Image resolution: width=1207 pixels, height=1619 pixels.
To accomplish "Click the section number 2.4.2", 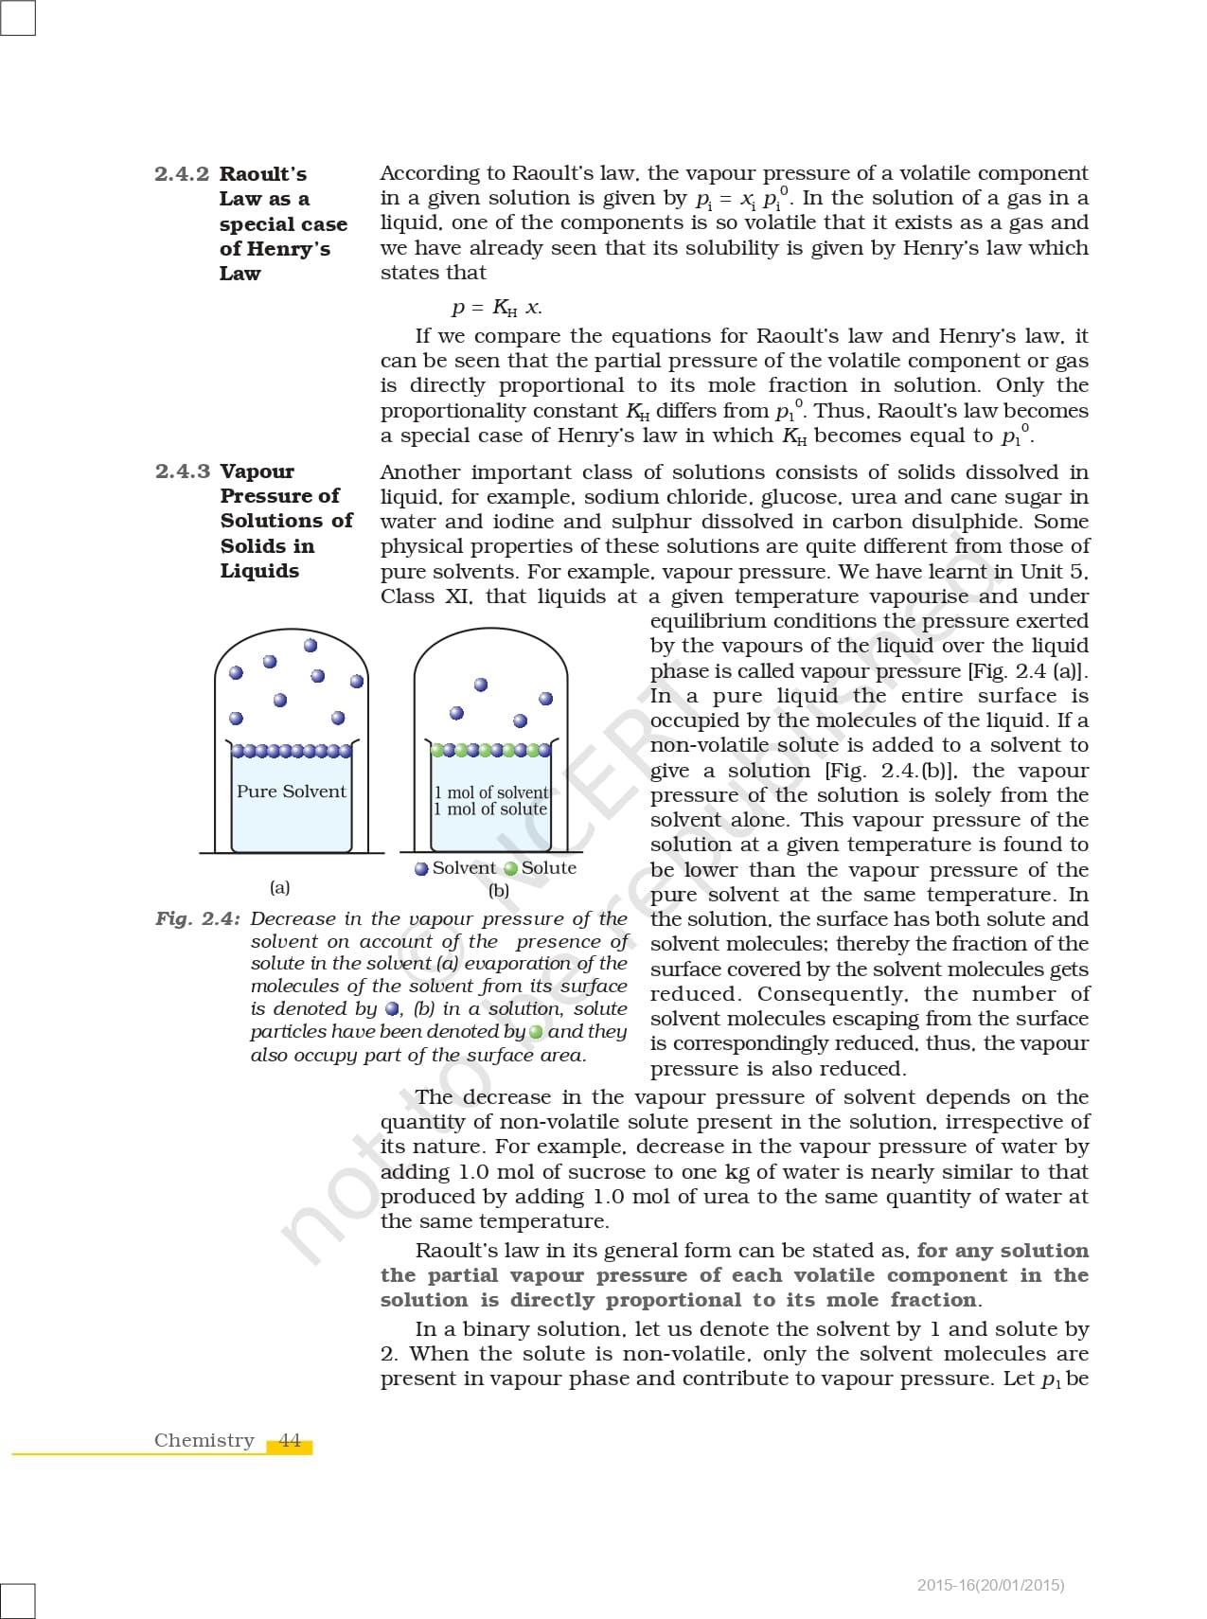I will pos(181,174).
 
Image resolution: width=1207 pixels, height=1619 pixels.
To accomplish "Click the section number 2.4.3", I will pos(182,471).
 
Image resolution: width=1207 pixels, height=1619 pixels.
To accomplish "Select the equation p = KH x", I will pos(496,308).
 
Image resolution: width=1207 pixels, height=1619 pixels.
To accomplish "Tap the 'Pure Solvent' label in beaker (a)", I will pos(291,792).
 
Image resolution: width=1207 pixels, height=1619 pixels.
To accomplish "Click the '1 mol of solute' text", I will pos(490,809).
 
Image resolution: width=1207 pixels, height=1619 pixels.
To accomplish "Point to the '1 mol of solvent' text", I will pos(491,792).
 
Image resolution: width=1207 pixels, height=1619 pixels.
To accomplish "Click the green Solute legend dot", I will pos(511,869).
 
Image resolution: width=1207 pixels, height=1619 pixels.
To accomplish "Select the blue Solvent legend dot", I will pos(421,869).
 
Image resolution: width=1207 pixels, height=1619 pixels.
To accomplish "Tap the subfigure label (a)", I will pos(279,888).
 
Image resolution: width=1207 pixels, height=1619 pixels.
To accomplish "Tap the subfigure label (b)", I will pos(499,891).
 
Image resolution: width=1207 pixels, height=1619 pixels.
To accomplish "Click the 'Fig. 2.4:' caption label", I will pos(197,919).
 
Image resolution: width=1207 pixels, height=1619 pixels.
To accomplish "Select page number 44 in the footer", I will pos(290,1441).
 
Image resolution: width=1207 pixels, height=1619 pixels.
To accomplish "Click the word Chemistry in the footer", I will pos(204,1441).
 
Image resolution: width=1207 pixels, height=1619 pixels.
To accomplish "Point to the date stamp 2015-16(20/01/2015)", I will pos(990,1585).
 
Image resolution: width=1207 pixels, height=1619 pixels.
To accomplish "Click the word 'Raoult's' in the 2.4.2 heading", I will pos(263,174).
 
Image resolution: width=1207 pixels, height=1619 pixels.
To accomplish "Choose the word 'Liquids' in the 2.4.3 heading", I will pos(259,571).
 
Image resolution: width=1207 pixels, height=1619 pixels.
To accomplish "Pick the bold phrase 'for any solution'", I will pos(1003,1251).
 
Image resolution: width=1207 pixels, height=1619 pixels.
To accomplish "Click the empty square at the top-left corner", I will pos(17,17).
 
